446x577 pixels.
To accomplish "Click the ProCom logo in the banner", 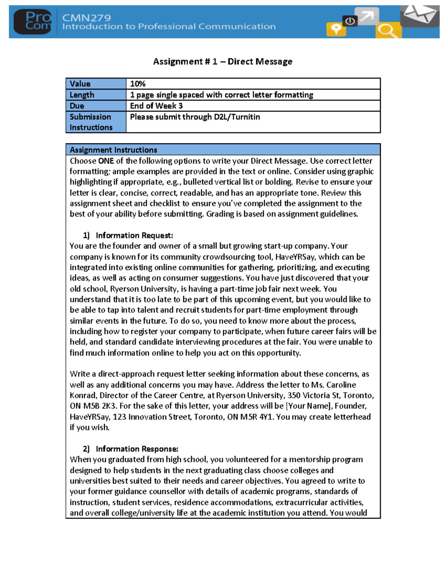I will coord(33,22).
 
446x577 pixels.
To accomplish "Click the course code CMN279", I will coord(86,17).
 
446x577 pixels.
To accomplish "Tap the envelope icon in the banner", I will coord(420,15).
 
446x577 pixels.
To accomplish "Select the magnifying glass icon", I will coord(388,30).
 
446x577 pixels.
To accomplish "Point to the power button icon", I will coord(350,21).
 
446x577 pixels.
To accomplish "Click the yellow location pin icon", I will coord(336,29).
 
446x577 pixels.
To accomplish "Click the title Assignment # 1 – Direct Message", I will coord(223,62).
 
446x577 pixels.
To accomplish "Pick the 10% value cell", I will coord(138,84).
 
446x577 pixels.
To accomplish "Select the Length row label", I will coord(82,95).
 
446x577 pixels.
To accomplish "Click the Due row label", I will coord(77,106).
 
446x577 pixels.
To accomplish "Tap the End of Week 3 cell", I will coord(156,106).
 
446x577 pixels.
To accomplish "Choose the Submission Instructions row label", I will coord(91,122).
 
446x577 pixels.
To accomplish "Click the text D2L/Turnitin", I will coord(237,117).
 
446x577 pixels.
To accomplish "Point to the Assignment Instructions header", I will coord(113,150).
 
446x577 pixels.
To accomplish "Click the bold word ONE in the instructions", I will coord(106,161).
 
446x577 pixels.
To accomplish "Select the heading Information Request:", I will coord(134,235).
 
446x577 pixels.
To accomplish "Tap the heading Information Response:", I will coord(137,449).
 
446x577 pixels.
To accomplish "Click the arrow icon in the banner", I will coord(366,16).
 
